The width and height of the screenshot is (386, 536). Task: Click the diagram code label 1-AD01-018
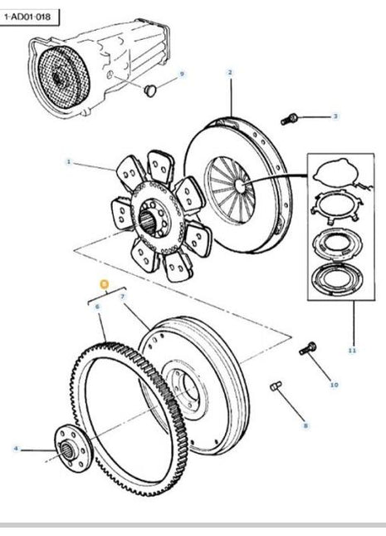tap(30, 16)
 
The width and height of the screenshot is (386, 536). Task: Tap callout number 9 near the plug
tap(182, 75)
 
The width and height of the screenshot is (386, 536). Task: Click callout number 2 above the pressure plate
tap(230, 72)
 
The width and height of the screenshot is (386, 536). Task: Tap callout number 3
tap(335, 116)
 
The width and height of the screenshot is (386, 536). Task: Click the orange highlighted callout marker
tap(103, 283)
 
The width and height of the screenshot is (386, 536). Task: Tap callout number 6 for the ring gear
tap(97, 307)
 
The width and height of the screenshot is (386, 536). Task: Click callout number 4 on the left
tap(15, 450)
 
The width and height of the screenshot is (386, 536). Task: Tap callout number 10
tap(335, 385)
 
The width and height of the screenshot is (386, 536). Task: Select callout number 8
tap(305, 425)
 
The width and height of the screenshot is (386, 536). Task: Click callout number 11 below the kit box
tap(351, 351)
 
